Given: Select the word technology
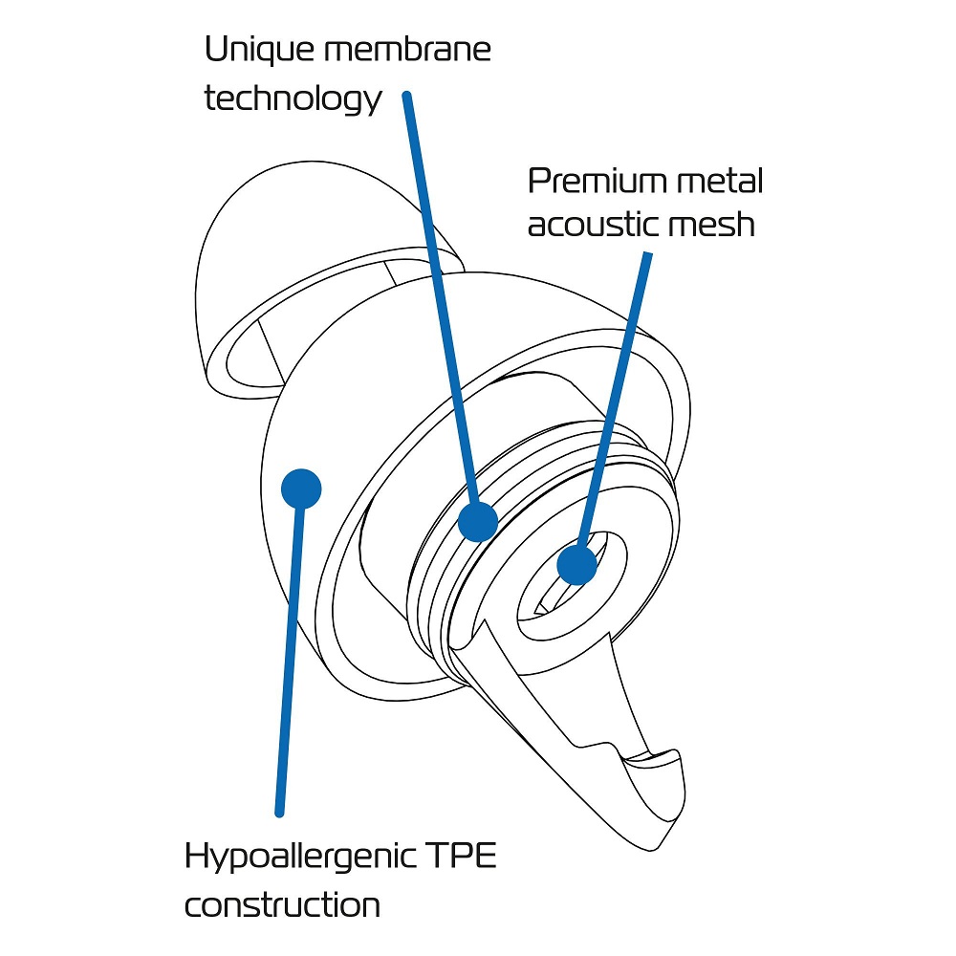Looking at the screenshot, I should tap(293, 99).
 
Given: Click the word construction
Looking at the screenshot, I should tap(282, 904).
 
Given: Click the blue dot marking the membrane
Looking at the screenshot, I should tap(478, 522).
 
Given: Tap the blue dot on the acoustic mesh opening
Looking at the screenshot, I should tap(576, 564).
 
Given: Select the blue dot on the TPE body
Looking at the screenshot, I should tap(301, 489).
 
